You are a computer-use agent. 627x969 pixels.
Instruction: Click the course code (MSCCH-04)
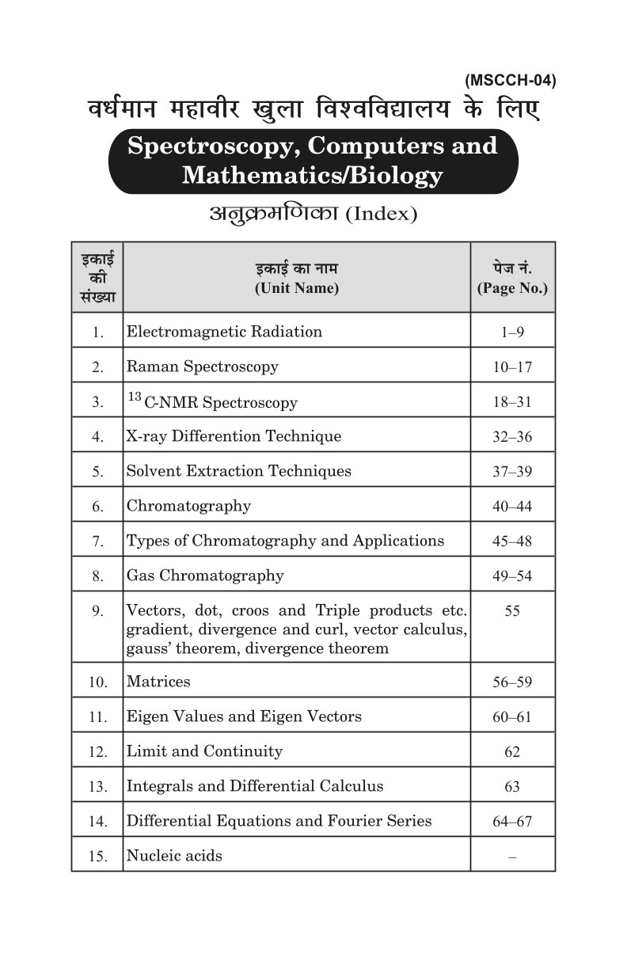coord(510,80)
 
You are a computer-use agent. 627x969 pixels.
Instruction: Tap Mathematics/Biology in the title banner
coord(312,175)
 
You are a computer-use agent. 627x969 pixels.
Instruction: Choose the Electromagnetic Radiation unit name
coord(224,332)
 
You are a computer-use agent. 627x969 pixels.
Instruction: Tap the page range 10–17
coord(512,367)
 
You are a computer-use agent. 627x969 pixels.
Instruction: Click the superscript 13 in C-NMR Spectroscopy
coord(134,397)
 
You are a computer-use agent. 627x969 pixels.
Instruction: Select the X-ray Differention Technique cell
coord(234,436)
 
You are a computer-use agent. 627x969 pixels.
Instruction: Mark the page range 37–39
coord(512,472)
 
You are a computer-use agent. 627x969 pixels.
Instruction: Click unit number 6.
coord(97,507)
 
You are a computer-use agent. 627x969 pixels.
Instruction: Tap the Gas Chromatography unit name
coord(205,576)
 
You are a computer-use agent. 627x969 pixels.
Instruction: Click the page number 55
coord(512,611)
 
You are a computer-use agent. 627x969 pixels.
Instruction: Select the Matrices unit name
coord(158,682)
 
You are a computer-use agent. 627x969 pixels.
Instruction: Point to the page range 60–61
coord(512,717)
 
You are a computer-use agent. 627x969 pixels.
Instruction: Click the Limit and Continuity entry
coord(204,751)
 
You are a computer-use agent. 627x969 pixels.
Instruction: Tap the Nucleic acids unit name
coord(174,856)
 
